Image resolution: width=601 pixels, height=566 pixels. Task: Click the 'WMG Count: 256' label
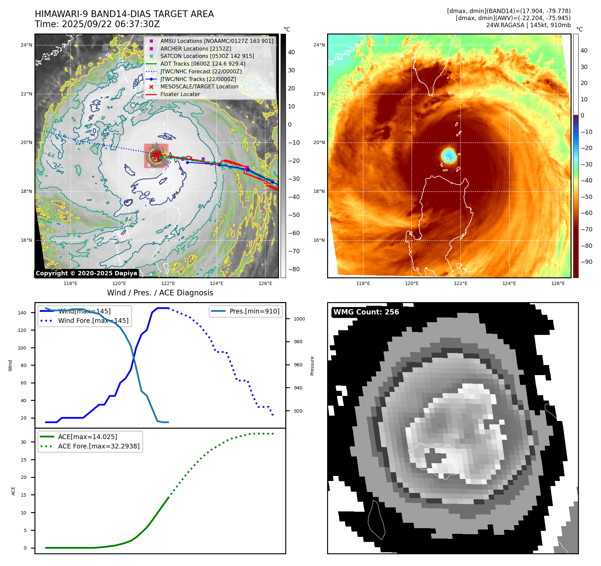click(366, 312)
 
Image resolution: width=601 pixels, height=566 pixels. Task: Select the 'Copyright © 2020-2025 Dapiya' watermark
click(86, 273)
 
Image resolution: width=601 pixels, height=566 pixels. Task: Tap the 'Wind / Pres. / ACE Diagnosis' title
click(160, 293)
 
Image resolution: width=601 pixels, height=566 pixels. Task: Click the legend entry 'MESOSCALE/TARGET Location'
click(199, 87)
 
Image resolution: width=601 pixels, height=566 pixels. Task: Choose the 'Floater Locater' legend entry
click(180, 94)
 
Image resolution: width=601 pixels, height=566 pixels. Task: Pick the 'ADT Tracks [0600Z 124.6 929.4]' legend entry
click(203, 64)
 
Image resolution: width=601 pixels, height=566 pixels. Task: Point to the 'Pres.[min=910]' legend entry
click(254, 311)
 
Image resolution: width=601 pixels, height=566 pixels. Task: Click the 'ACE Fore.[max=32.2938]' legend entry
click(99, 446)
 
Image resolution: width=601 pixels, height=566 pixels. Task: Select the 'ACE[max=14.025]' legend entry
click(87, 437)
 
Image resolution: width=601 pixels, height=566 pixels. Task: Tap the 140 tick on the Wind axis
click(22, 313)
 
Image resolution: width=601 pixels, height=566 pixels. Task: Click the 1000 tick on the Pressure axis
click(299, 319)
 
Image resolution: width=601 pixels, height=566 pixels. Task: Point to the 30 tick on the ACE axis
click(23, 442)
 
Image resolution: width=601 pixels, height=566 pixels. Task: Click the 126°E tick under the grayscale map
click(265, 284)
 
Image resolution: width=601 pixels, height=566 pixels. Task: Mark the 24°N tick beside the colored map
click(319, 45)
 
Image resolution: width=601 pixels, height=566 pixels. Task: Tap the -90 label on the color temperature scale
click(586, 262)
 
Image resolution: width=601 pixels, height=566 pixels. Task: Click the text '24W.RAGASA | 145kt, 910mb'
click(528, 25)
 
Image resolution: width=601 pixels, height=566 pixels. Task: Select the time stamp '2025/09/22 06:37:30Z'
click(111, 24)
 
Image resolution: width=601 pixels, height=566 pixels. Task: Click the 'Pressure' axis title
click(312, 366)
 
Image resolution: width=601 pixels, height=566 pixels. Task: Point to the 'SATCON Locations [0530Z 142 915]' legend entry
click(207, 56)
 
